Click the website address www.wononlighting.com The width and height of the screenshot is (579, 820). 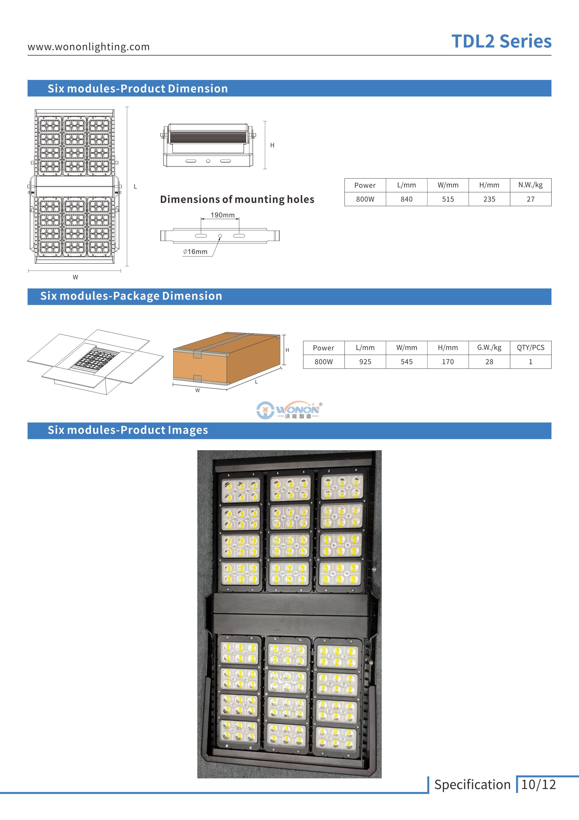point(88,47)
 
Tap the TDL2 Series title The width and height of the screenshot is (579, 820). point(501,41)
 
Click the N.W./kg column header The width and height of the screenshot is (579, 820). point(530,185)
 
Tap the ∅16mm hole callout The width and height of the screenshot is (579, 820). point(195,252)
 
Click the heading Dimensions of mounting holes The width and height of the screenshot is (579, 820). point(237,199)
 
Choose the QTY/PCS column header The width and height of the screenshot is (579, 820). point(530,348)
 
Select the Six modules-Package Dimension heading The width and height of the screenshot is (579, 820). point(131,296)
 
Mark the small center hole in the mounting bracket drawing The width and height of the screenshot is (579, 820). point(220,236)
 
